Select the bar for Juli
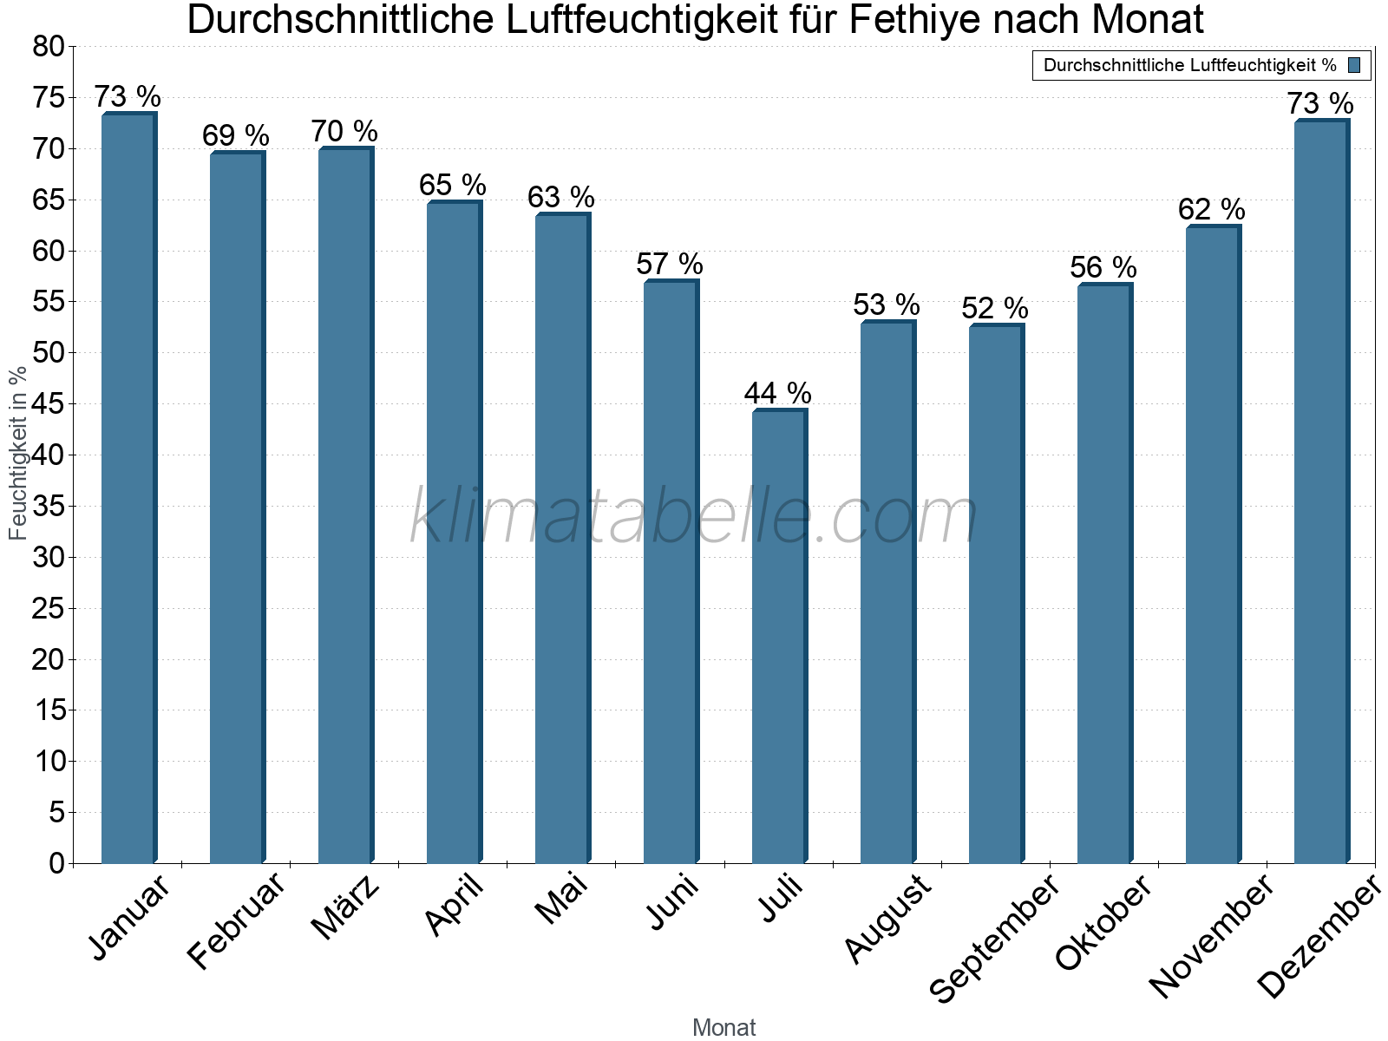click(x=778, y=638)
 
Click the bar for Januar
click(x=128, y=490)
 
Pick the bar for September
click(x=995, y=594)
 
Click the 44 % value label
click(x=778, y=393)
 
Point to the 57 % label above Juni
click(x=670, y=264)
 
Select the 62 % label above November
click(x=1212, y=209)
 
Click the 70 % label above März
click(x=344, y=131)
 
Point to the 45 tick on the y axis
click(x=49, y=404)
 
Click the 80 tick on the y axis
click(x=49, y=47)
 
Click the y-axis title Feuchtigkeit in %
click(x=17, y=452)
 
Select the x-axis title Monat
click(x=723, y=1028)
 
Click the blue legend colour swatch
click(x=1354, y=65)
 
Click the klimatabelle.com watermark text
click(x=694, y=516)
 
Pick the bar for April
click(x=453, y=533)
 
